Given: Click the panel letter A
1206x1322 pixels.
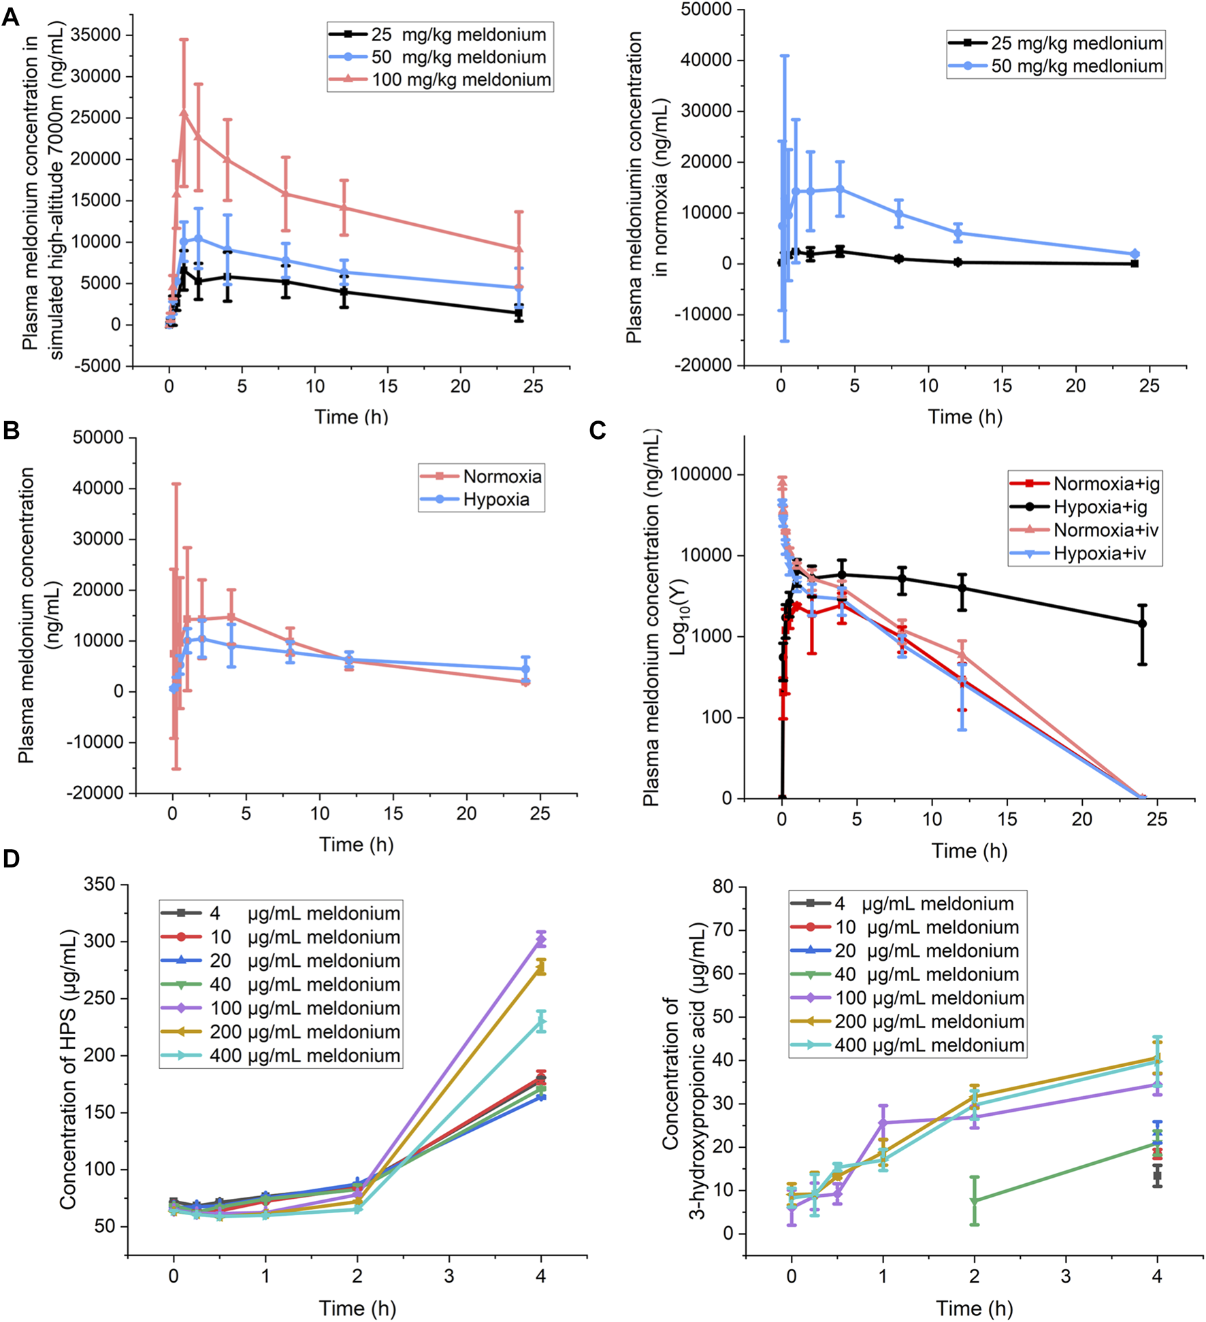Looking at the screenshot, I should pos(11,16).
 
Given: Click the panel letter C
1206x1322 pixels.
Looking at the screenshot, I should pos(598,431).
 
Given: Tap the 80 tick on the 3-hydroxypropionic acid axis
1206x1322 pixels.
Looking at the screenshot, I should pos(722,886).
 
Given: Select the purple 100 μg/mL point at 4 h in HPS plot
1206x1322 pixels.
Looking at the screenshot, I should pos(541,940).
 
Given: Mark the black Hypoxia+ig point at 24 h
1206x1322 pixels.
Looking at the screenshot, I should pos(1143,623).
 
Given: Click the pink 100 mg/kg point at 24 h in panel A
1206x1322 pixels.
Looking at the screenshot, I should pos(519,249).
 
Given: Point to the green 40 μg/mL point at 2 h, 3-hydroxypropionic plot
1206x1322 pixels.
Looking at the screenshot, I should pos(975,1201).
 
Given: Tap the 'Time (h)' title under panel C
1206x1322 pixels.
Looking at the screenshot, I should pos(969,850).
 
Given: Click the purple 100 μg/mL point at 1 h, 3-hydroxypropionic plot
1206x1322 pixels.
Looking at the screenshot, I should pos(883,1123).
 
